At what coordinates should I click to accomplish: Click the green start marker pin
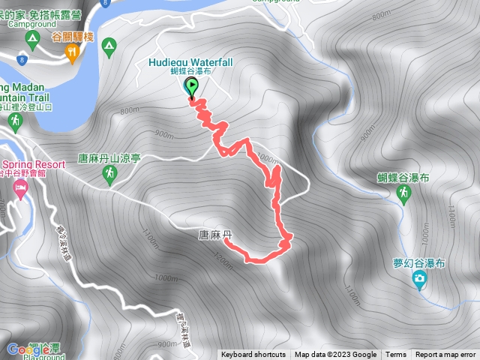tap(191, 88)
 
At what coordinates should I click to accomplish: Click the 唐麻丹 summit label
tap(215, 235)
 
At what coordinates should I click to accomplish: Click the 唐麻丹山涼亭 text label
tap(109, 159)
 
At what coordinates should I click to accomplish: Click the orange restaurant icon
tap(72, 52)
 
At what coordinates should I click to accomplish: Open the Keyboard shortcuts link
tap(253, 355)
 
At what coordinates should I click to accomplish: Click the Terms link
tap(396, 355)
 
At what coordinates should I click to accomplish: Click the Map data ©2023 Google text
tap(335, 355)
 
